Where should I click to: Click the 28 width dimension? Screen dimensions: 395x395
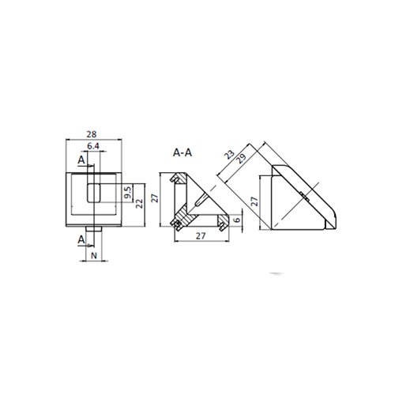92,134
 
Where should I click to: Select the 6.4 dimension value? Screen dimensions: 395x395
93,146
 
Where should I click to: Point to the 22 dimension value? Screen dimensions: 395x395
139,204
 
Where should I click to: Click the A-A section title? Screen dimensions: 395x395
182,152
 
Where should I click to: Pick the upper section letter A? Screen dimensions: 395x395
81,160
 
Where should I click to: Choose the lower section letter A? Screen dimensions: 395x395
81,240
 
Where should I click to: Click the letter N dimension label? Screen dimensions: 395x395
94,255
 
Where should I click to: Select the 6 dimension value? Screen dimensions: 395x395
237,219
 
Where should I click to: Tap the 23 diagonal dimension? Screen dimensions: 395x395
229,155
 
